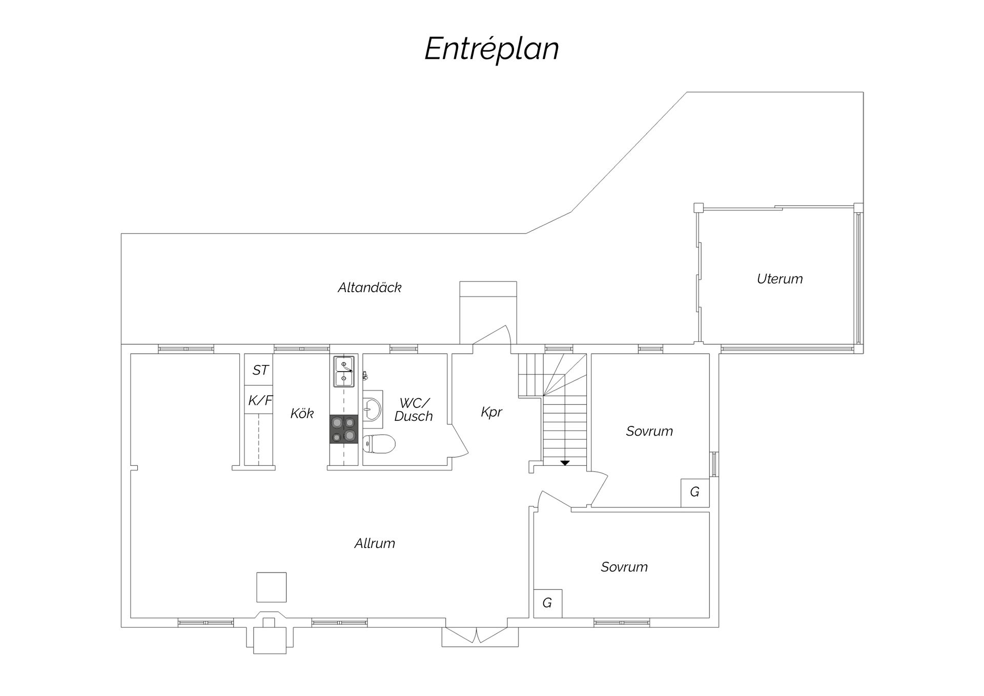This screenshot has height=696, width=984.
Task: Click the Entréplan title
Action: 491,49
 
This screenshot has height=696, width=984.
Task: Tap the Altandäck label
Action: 370,288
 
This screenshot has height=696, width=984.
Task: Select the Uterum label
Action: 780,279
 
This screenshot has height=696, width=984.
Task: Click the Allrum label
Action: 375,543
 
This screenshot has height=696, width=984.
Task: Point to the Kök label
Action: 302,413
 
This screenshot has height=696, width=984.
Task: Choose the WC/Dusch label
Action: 414,410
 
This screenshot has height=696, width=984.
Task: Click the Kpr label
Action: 491,412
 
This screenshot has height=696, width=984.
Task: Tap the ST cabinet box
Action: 258,370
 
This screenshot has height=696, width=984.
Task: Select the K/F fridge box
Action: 258,400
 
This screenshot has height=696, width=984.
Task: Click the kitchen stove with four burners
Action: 343,429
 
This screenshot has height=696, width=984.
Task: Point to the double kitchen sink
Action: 343,372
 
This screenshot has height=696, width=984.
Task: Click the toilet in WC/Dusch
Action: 379,444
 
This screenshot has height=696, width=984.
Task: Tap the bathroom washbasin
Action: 373,409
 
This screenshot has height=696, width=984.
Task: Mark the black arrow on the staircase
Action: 565,463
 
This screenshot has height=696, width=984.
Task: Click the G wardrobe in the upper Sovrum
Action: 695,493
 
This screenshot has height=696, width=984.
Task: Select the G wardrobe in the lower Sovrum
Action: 548,603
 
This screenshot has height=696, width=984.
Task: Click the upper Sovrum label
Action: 649,431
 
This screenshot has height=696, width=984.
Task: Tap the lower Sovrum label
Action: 624,567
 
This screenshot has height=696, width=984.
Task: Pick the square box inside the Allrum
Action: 271,587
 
